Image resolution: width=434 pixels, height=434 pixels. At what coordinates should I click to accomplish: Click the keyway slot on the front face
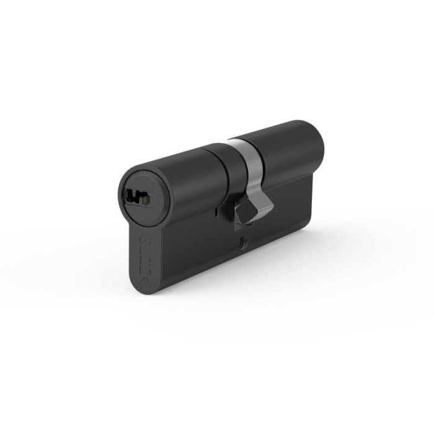pos(135,198)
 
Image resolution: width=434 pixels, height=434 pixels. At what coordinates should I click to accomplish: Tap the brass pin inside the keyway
pos(145,199)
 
